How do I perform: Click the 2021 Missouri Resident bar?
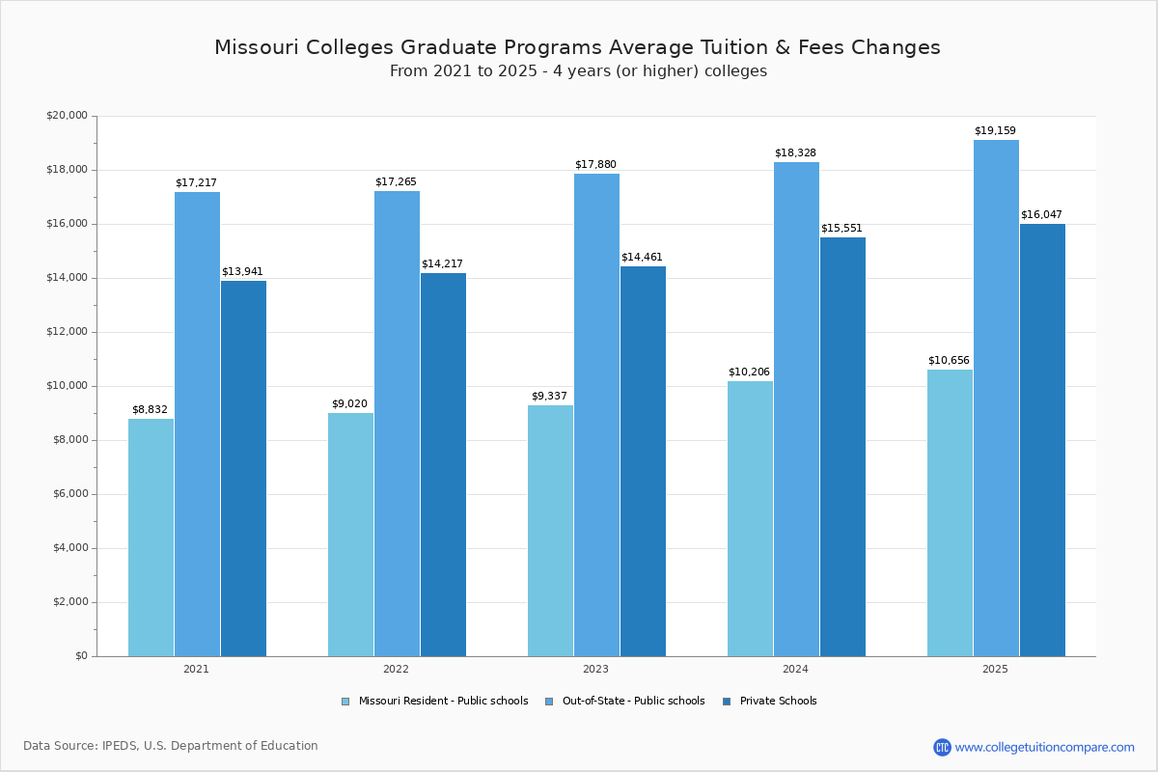click(x=151, y=538)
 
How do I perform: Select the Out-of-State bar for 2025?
click(x=996, y=398)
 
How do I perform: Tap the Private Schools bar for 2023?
click(x=643, y=461)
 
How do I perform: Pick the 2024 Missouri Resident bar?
click(x=750, y=518)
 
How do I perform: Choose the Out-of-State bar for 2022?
click(x=397, y=424)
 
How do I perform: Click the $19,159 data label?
click(x=995, y=131)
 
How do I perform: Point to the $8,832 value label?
click(x=150, y=410)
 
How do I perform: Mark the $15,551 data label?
click(x=841, y=229)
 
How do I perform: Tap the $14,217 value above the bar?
click(x=442, y=264)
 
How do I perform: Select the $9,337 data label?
click(x=549, y=397)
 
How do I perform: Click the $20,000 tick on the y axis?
click(x=67, y=116)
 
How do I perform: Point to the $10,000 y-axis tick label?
click(x=67, y=386)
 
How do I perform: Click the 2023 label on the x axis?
click(x=595, y=669)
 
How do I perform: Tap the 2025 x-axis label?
click(x=995, y=669)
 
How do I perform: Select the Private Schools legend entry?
click(x=777, y=702)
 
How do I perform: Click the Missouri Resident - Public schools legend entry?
click(x=442, y=702)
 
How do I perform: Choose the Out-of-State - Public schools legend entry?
click(x=632, y=702)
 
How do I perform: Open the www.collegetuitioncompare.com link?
click(x=1044, y=747)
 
